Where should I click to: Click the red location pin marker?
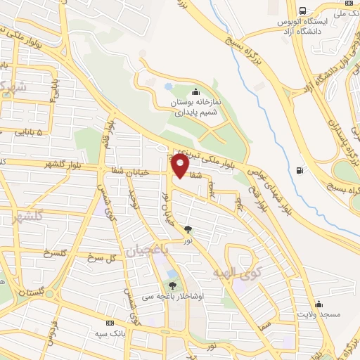pos(180,166)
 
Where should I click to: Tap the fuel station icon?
pos(301,169)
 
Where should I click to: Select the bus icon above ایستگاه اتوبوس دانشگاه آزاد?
pos(302,11)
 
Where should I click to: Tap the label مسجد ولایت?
pos(319,314)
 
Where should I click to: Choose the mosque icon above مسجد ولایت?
pos(319,304)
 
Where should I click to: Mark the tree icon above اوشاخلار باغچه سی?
pos(172,285)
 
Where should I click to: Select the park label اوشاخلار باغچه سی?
pos(176,296)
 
